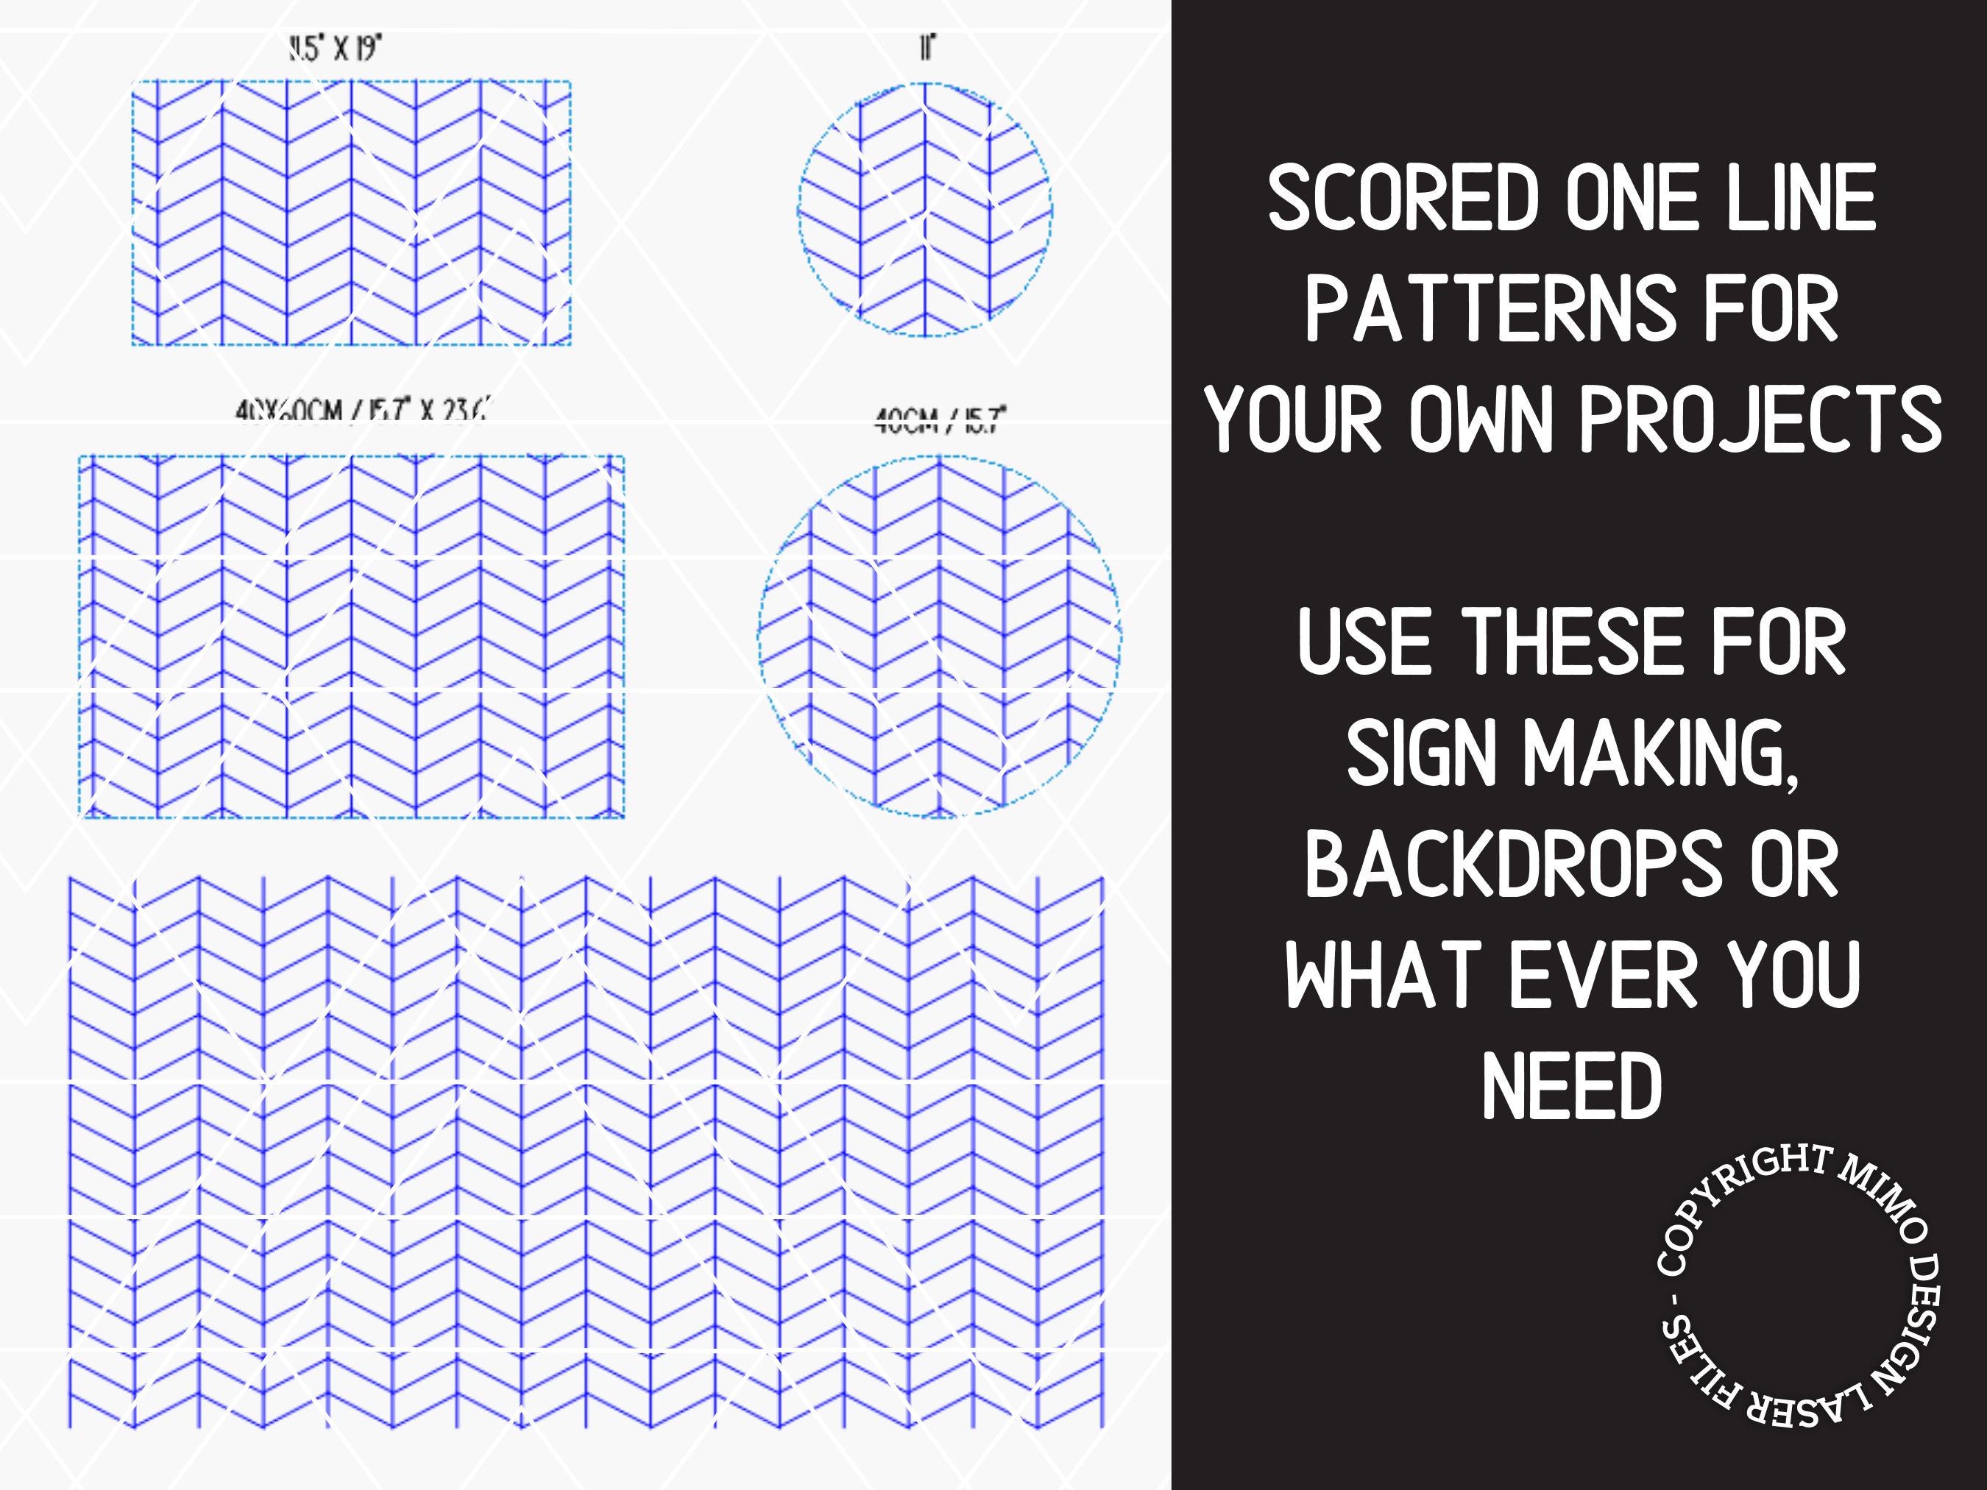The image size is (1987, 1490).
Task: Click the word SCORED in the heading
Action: click(x=1404, y=199)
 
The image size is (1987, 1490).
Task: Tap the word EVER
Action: click(x=1603, y=976)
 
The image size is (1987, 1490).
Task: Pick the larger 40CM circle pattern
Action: click(x=940, y=636)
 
